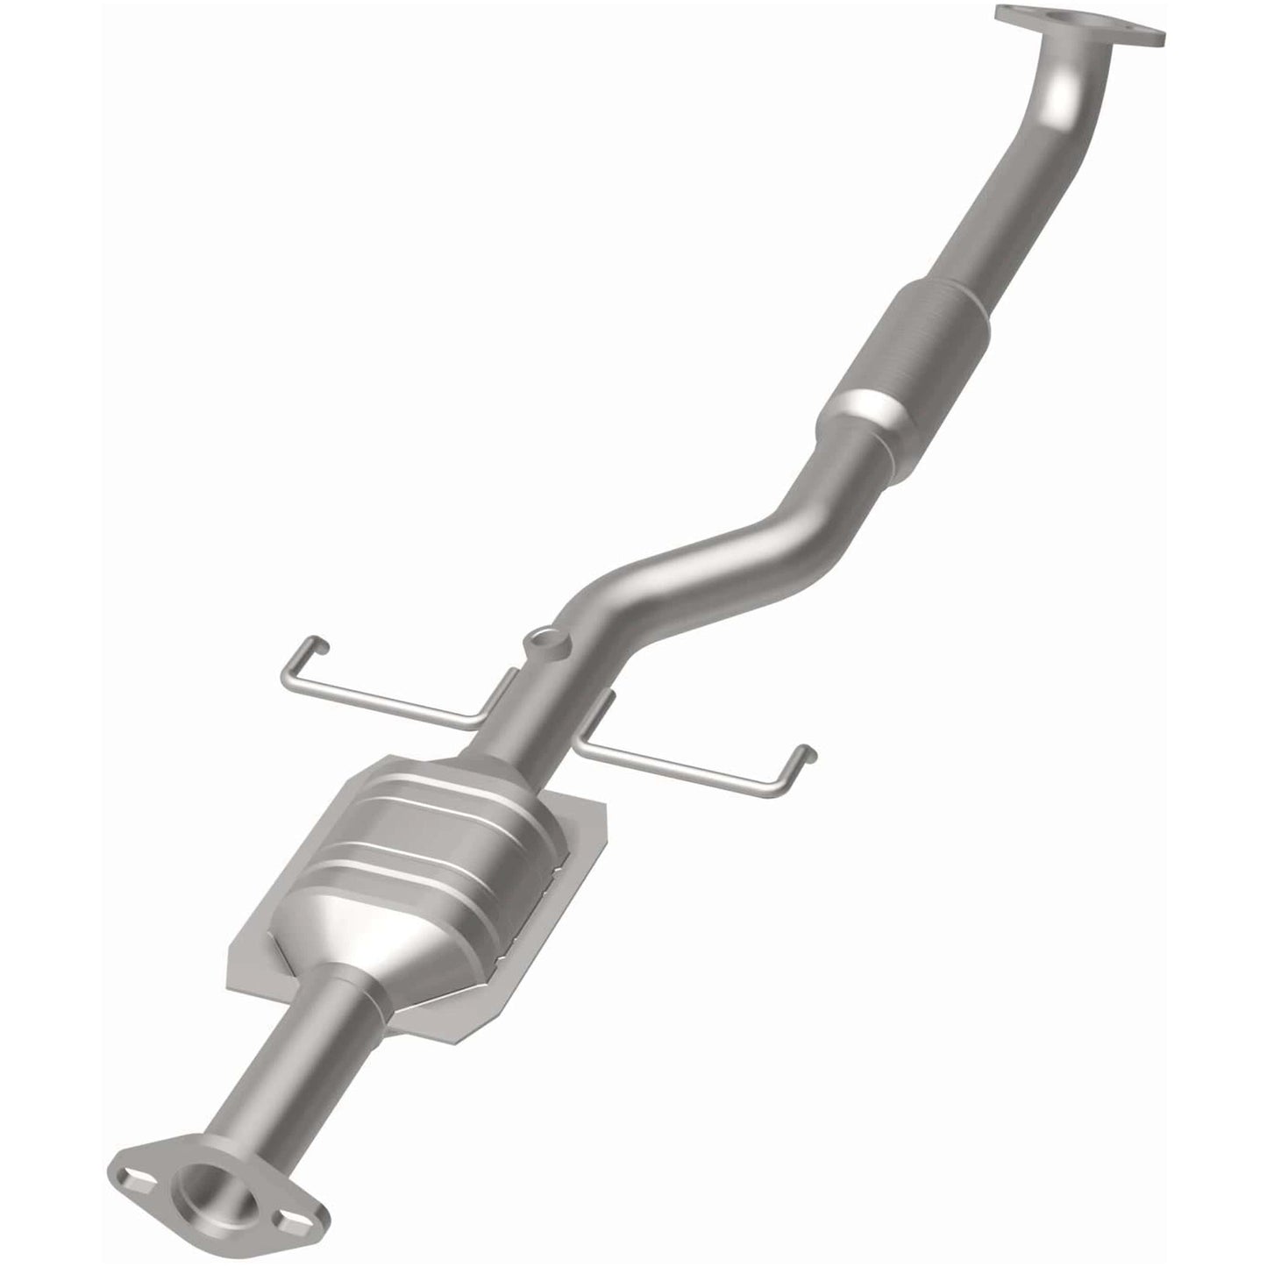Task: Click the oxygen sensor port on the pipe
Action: (545, 643)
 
